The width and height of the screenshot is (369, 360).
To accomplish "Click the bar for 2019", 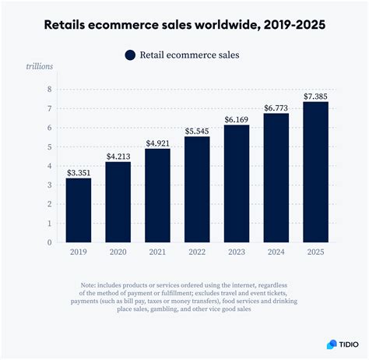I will coord(78,210).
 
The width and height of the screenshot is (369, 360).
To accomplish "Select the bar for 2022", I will coord(197,189).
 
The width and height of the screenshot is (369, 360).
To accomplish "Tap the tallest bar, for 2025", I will coord(315,171).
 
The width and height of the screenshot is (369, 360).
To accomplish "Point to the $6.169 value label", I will coord(237,118).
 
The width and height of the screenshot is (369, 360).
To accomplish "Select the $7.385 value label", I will coord(315,95).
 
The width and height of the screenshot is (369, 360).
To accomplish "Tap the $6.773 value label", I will coord(276,107).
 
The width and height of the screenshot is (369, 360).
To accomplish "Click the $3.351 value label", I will coord(78,171).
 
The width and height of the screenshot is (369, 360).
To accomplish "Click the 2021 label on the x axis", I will coord(157,252).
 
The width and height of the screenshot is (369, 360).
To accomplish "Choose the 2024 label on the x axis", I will coord(276,252).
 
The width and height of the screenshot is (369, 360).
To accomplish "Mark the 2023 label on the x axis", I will coord(237,252).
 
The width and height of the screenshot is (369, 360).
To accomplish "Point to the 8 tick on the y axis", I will coord(48,89).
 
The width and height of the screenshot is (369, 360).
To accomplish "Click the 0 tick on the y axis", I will coord(48,242).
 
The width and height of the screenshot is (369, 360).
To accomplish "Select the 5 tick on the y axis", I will coord(48,146).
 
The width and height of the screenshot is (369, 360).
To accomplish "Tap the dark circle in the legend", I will coord(130,55).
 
